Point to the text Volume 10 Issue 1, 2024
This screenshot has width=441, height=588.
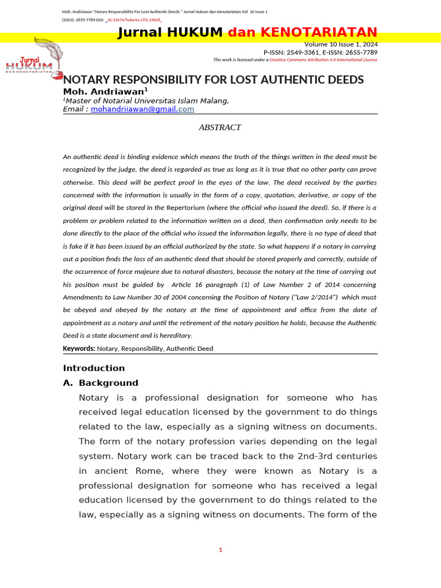point(341,44)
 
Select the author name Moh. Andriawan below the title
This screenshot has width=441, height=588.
point(103,91)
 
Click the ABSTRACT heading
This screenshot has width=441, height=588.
point(220,127)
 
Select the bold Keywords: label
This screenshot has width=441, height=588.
point(79,349)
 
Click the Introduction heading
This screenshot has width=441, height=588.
point(94,368)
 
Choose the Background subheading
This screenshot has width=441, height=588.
point(109,383)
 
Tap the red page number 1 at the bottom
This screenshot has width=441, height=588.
point(220,550)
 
